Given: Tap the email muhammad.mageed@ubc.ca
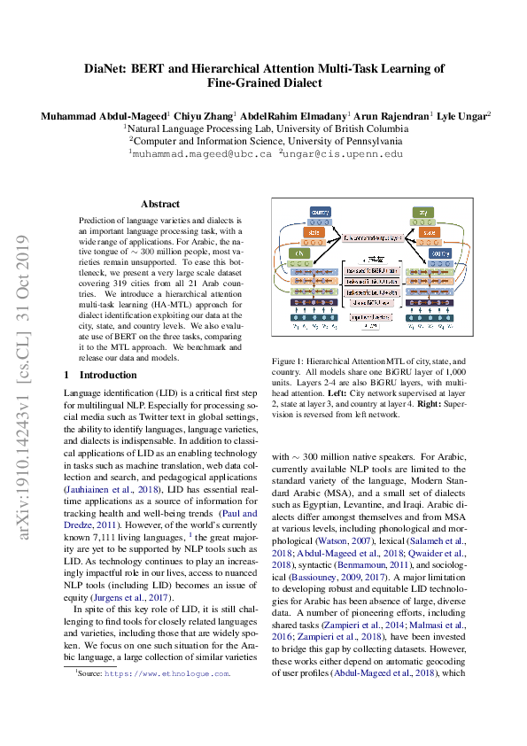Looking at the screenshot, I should tap(199, 153).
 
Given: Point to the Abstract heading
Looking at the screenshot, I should tap(159, 204).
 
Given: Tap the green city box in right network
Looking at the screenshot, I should tap(423, 214).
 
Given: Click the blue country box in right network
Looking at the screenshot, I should tap(440, 253).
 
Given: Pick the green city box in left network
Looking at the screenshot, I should tap(298, 253).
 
